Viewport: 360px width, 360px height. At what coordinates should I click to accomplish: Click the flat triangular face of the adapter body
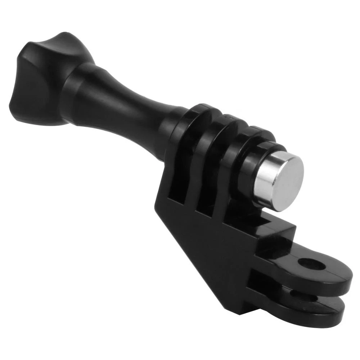tap(216, 252)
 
